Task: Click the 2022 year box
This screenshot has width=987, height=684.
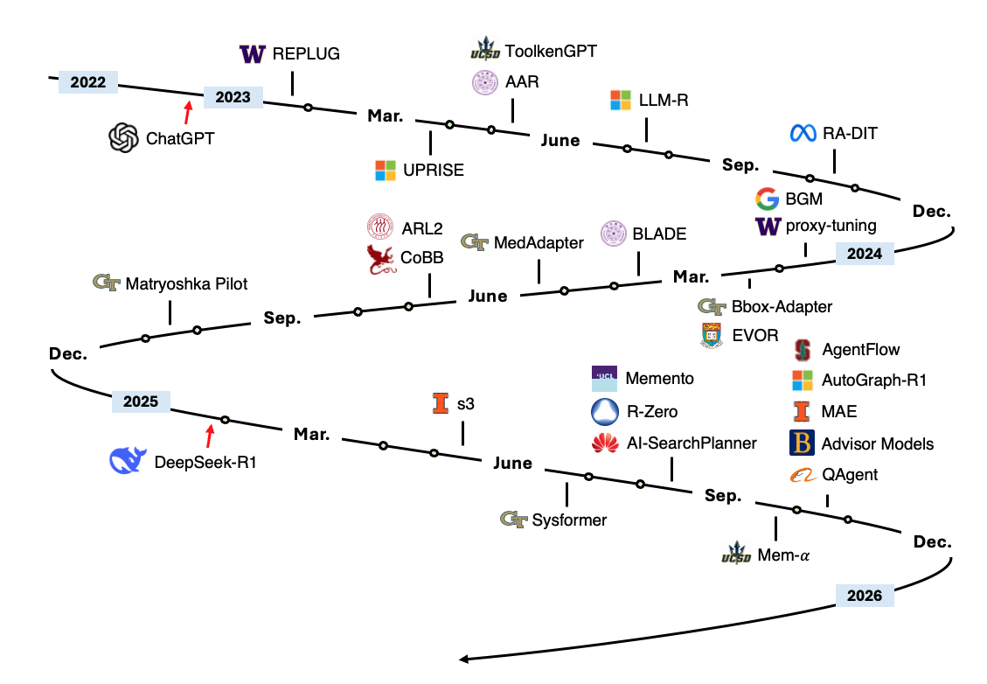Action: click(88, 83)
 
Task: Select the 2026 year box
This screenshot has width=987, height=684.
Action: click(865, 597)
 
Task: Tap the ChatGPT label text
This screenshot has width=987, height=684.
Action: click(180, 137)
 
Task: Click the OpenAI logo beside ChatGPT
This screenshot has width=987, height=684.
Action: click(124, 137)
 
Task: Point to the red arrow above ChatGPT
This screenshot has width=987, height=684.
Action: click(187, 113)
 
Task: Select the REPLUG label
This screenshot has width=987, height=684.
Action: click(306, 54)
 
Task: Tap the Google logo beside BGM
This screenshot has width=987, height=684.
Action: click(767, 199)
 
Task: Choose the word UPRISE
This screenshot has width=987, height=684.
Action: click(434, 171)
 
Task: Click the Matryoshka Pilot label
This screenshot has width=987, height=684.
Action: click(186, 283)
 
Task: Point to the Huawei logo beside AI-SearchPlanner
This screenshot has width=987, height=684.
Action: click(604, 444)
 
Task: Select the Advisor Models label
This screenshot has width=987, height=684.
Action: click(877, 444)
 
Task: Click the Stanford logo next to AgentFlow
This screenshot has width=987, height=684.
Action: click(802, 350)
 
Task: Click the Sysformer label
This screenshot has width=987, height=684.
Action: click(569, 520)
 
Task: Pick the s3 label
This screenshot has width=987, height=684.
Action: click(466, 404)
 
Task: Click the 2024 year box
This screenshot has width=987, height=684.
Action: click(865, 255)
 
